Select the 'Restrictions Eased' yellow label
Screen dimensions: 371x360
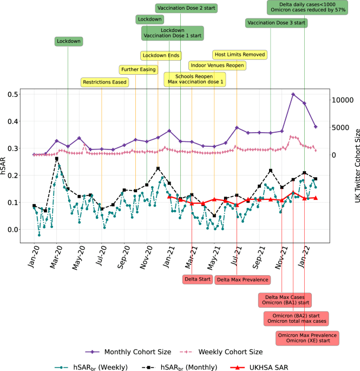click(x=105, y=82)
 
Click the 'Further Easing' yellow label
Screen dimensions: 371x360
click(x=138, y=69)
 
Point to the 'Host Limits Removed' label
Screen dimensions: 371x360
click(x=240, y=55)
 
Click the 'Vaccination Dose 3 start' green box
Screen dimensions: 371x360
click(x=276, y=23)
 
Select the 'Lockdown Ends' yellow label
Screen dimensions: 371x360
click(x=161, y=56)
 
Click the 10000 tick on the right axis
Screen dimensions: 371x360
click(x=343, y=100)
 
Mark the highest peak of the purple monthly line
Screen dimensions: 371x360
click(x=293, y=94)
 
